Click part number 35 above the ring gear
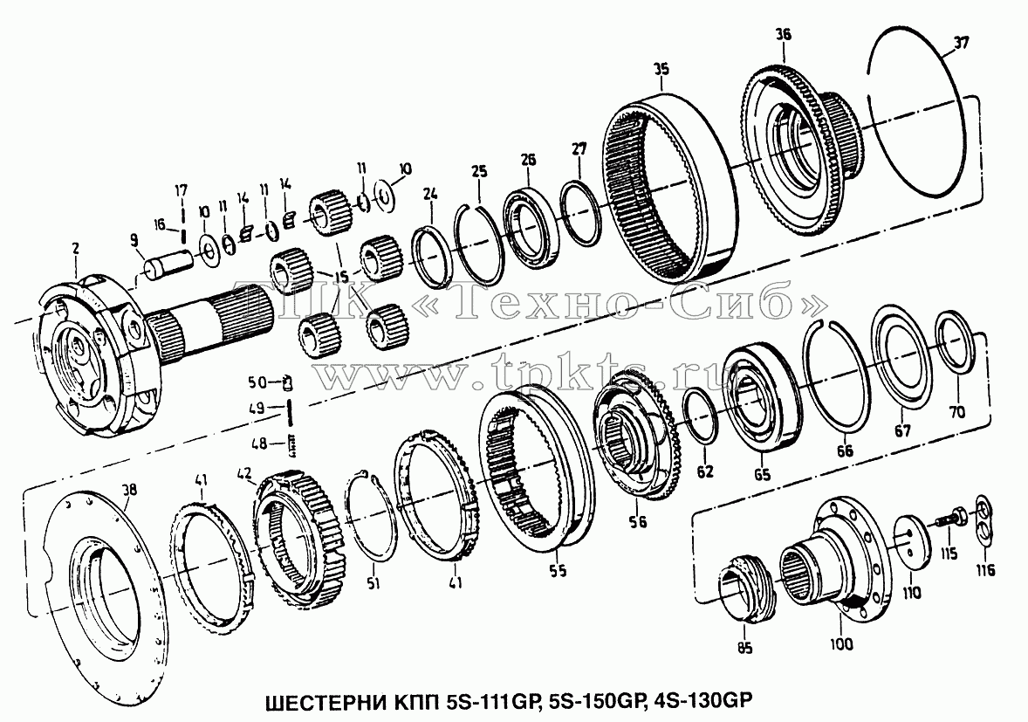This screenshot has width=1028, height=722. click(x=661, y=68)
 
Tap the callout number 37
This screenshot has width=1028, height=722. click(x=961, y=44)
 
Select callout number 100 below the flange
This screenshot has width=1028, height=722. click(x=841, y=644)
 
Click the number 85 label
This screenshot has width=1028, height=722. click(x=744, y=648)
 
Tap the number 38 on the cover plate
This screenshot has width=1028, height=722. click(x=130, y=489)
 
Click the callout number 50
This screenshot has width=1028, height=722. click(x=257, y=382)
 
